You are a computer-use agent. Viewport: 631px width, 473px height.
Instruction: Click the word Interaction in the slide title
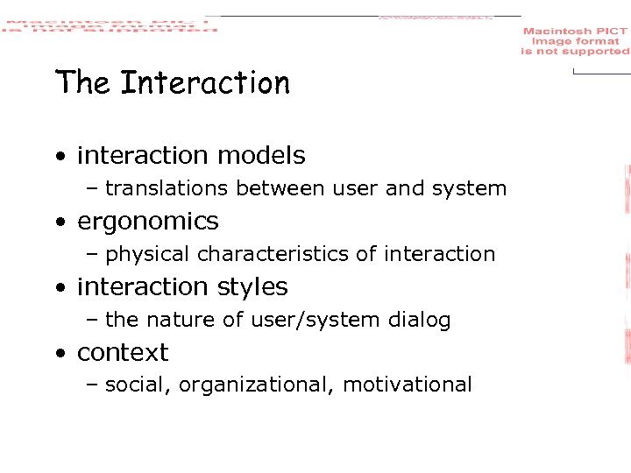pyautogui.click(x=204, y=84)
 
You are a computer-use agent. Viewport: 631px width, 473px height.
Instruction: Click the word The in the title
pyautogui.click(x=82, y=84)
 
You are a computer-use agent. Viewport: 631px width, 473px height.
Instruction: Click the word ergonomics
pyautogui.click(x=147, y=222)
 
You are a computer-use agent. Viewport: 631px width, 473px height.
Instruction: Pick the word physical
pyautogui.click(x=146, y=255)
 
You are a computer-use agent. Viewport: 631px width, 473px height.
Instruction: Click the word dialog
pyautogui.click(x=422, y=321)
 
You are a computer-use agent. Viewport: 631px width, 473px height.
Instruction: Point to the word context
pyautogui.click(x=122, y=353)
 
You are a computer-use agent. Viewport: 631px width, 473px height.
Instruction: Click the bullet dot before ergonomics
pyautogui.click(x=59, y=222)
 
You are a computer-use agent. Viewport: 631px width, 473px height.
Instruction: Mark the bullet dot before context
pyautogui.click(x=59, y=354)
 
